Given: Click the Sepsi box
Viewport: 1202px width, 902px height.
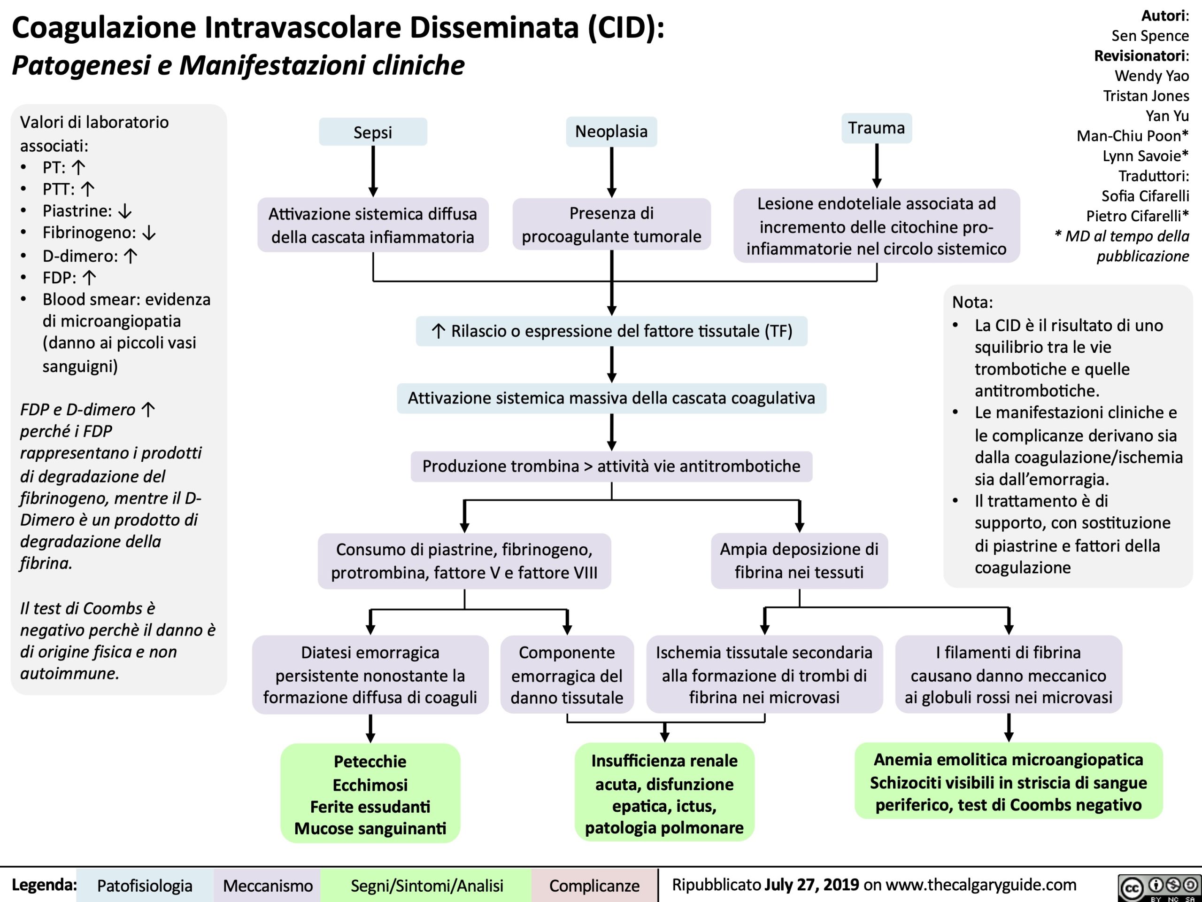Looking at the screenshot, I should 373,132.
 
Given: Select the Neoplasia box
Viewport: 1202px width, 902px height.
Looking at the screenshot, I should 611,132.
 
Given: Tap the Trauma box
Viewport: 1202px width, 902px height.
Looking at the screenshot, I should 877,128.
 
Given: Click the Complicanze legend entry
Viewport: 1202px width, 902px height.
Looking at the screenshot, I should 594,886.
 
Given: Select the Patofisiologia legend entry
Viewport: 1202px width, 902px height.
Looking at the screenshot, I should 145,886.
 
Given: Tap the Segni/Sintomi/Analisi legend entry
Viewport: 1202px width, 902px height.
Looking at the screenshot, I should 426,886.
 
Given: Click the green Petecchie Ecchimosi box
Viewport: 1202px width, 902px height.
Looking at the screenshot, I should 370,794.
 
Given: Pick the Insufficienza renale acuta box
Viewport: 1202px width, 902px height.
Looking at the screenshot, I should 664,793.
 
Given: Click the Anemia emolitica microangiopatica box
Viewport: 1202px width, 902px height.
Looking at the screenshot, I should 1008,782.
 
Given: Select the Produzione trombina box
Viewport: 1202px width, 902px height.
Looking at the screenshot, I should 611,466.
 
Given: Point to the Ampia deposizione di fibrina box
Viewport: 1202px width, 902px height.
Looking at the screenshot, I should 799,560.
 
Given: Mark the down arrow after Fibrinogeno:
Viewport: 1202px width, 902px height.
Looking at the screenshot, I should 149,233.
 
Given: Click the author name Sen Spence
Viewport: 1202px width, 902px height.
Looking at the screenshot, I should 1150,36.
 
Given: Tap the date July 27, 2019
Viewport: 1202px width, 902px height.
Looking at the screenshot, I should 811,885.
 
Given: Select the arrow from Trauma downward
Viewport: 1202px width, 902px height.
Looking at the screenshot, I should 877,166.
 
